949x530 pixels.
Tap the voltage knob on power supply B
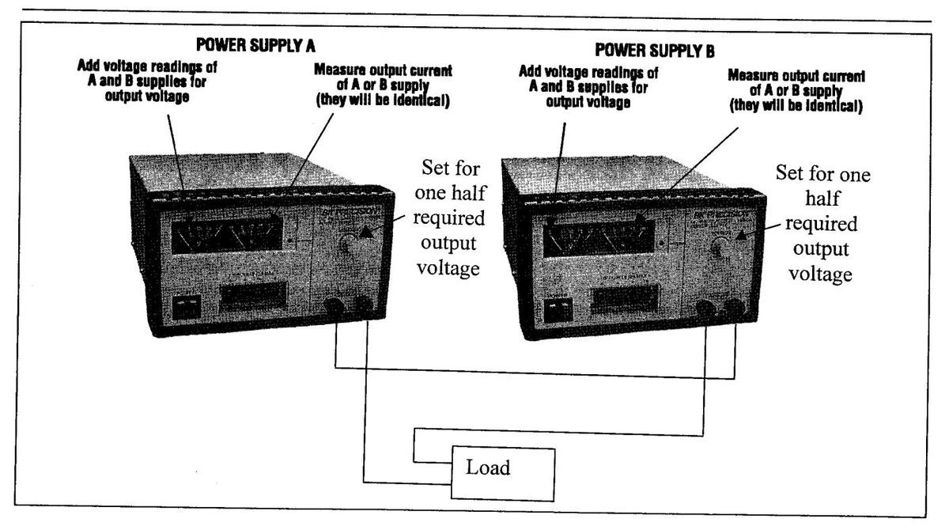point(720,251)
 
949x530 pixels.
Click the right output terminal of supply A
point(365,305)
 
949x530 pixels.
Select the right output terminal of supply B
point(736,309)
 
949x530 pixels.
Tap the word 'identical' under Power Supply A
point(419,98)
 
